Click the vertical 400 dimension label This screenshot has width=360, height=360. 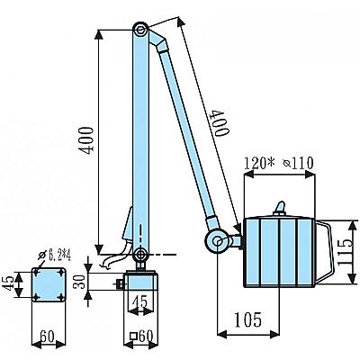(x=86, y=140)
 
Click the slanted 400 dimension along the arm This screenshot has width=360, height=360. (x=220, y=122)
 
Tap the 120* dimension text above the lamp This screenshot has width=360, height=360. (x=259, y=163)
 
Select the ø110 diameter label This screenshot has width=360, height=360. (x=299, y=163)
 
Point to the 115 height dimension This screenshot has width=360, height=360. (x=346, y=252)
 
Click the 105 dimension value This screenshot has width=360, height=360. (x=248, y=320)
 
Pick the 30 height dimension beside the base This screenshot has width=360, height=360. (x=79, y=281)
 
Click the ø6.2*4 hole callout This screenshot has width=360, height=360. (x=55, y=256)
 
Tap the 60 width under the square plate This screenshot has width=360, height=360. (x=48, y=337)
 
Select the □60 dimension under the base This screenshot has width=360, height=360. (x=141, y=337)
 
